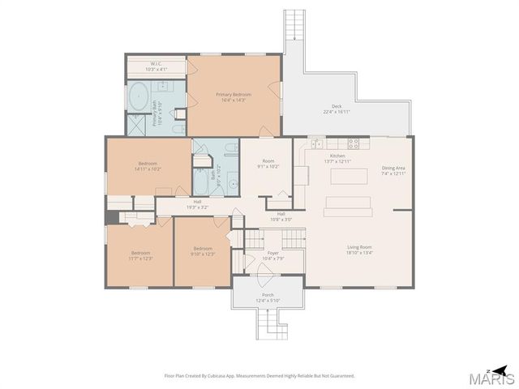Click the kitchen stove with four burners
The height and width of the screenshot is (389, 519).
click(x=354, y=143)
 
